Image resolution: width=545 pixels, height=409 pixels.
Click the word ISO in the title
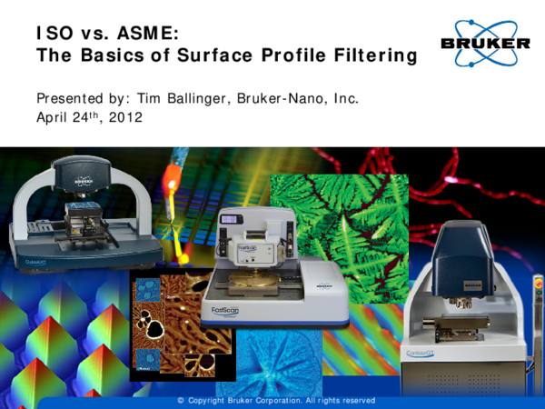[51, 34]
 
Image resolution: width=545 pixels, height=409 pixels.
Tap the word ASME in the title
[144, 34]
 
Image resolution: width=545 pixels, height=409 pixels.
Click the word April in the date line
[52, 118]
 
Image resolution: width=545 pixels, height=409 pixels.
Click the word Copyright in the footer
[215, 400]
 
